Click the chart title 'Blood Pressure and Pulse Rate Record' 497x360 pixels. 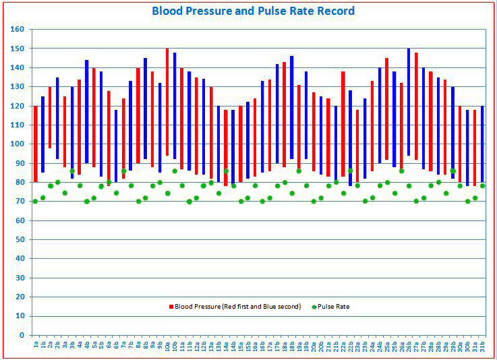[x=253, y=11]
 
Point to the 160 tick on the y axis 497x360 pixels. [x=18, y=30]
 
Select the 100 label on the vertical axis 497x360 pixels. [x=18, y=144]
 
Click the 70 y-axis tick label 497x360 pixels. [x=20, y=202]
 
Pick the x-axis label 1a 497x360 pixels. [x=36, y=345]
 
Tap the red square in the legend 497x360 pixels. [x=171, y=307]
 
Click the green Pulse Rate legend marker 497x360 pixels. [x=315, y=307]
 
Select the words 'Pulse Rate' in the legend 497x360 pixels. [x=334, y=307]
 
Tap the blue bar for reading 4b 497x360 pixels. [x=86, y=111]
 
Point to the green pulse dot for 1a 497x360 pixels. [x=36, y=201]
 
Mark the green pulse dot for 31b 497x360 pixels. [x=482, y=186]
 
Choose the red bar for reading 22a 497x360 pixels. [x=343, y=124]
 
